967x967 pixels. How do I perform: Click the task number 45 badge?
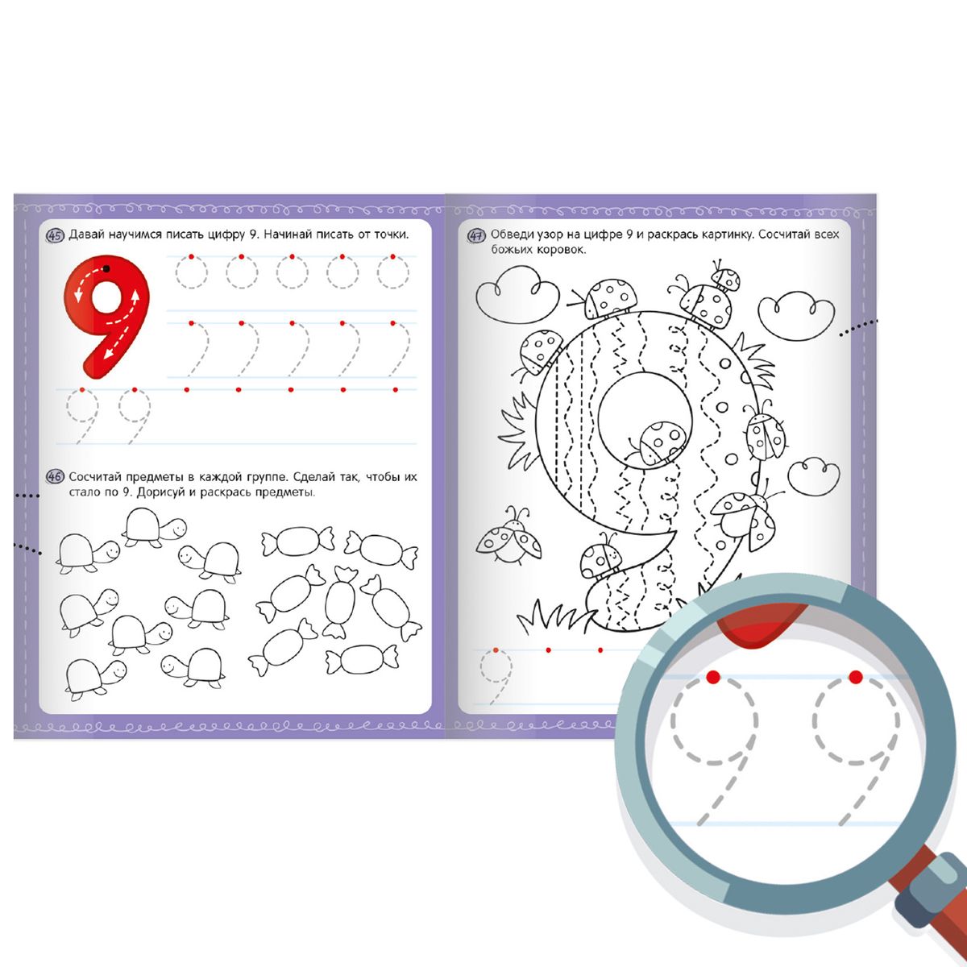(55, 235)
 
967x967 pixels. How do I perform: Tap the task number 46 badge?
(54, 477)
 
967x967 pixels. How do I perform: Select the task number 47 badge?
(476, 235)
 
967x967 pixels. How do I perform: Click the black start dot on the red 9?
(106, 269)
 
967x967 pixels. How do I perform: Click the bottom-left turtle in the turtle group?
(95, 679)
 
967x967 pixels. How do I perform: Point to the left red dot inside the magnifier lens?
(712, 678)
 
